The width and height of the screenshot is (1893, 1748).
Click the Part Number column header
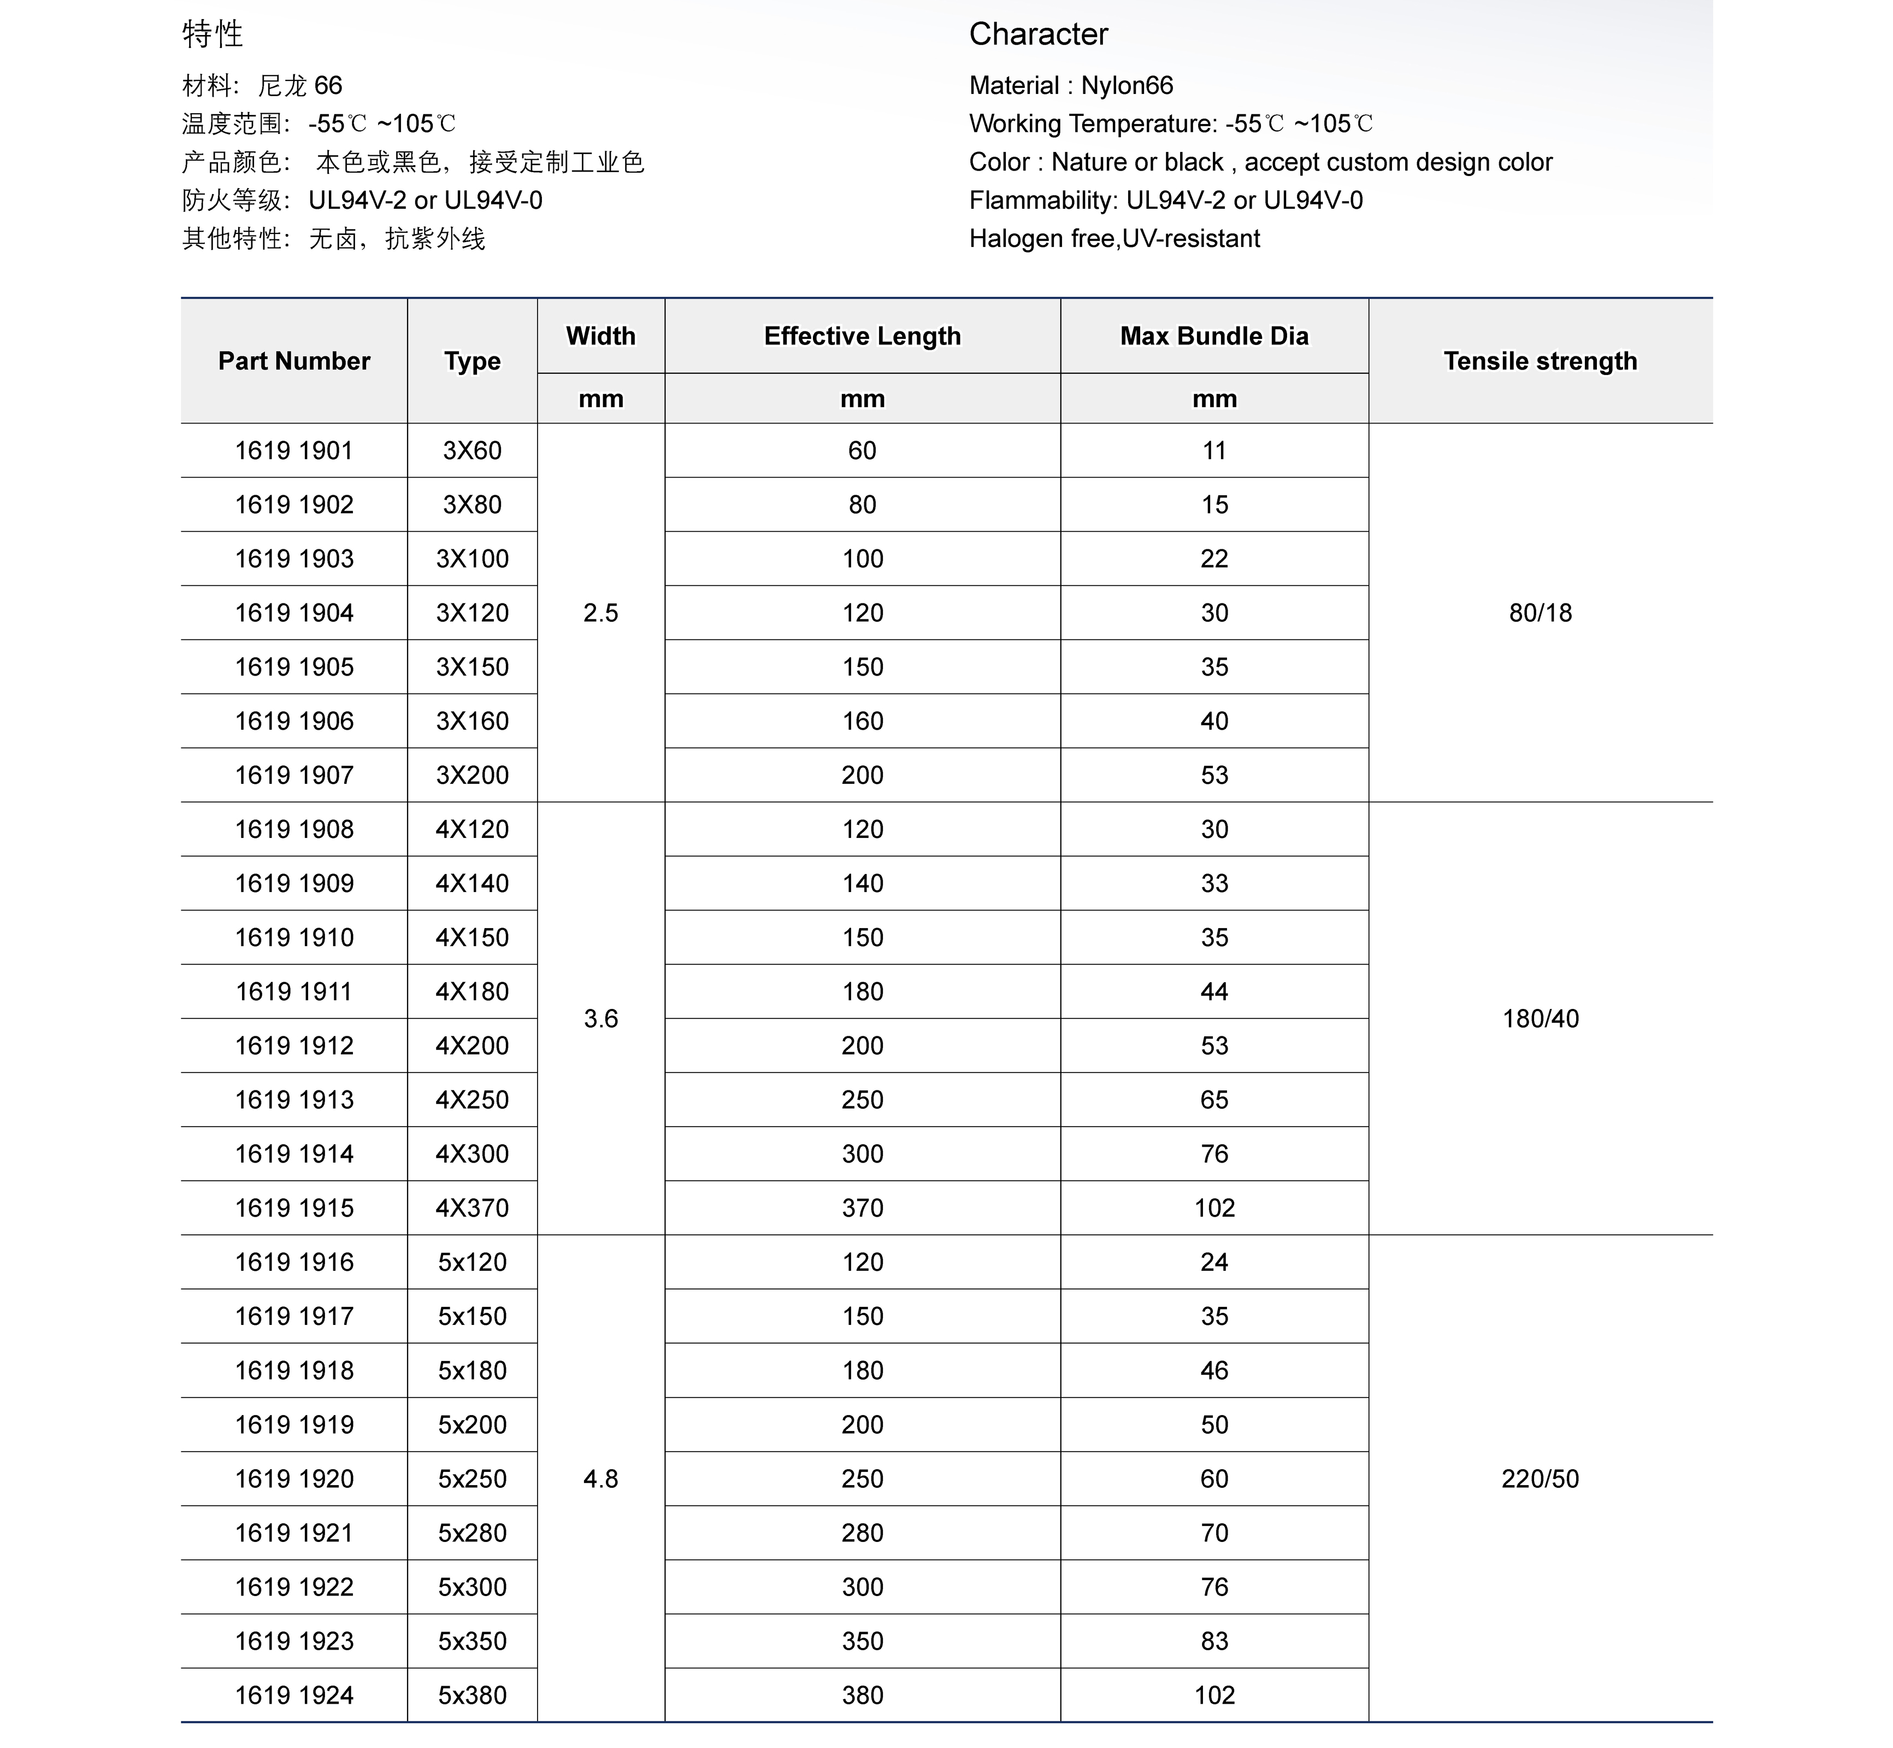click(x=294, y=361)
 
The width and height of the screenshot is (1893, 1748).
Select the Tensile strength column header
click(x=1540, y=361)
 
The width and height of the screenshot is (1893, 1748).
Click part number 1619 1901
click(x=293, y=450)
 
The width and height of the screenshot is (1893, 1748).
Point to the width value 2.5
click(x=600, y=613)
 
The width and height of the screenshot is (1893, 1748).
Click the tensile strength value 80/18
click(x=1540, y=613)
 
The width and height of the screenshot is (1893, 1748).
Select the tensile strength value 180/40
click(x=1540, y=1019)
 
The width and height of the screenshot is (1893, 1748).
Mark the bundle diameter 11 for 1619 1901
click(x=1214, y=450)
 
